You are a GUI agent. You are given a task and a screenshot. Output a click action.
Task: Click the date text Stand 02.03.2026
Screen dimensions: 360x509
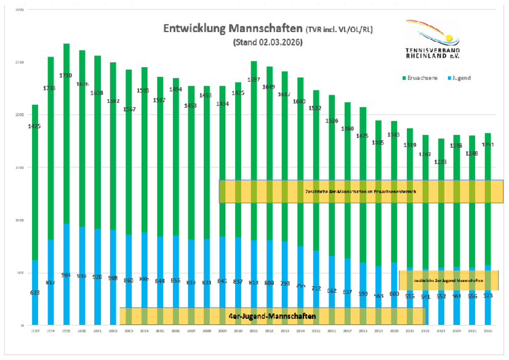[268, 43]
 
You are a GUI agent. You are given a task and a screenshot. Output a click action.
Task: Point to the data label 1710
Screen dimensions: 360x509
[66, 76]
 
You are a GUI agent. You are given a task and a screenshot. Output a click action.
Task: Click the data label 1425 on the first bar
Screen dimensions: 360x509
[34, 127]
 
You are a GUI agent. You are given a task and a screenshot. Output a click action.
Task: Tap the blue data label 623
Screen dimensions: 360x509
[34, 293]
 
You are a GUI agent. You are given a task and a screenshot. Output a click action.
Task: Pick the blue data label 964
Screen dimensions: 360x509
[66, 275]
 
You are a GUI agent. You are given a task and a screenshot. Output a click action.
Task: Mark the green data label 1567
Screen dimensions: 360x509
[129, 109]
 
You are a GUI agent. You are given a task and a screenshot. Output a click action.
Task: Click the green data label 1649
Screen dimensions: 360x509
[269, 87]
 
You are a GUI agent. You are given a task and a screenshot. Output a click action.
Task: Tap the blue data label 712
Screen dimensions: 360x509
[316, 289]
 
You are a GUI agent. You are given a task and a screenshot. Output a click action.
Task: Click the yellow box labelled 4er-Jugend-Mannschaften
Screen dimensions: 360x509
[272, 316]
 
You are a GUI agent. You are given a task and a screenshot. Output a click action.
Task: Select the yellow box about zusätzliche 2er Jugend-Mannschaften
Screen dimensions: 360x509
[449, 280]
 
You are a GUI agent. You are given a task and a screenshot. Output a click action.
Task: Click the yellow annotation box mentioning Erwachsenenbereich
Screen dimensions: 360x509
[361, 191]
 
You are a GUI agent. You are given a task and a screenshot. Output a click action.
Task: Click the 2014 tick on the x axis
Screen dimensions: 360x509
[300, 331]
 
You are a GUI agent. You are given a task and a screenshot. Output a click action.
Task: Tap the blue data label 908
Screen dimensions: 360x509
[113, 278]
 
